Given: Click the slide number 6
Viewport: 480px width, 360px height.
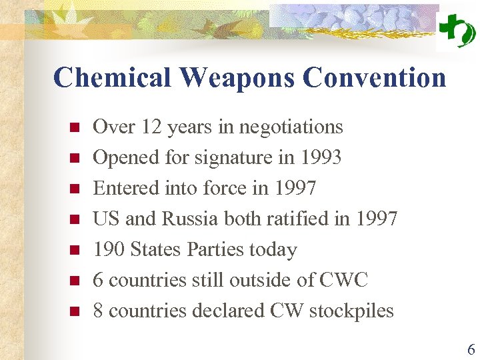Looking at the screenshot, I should click(x=471, y=349).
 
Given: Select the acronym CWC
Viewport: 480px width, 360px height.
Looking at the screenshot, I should click(x=343, y=280).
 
